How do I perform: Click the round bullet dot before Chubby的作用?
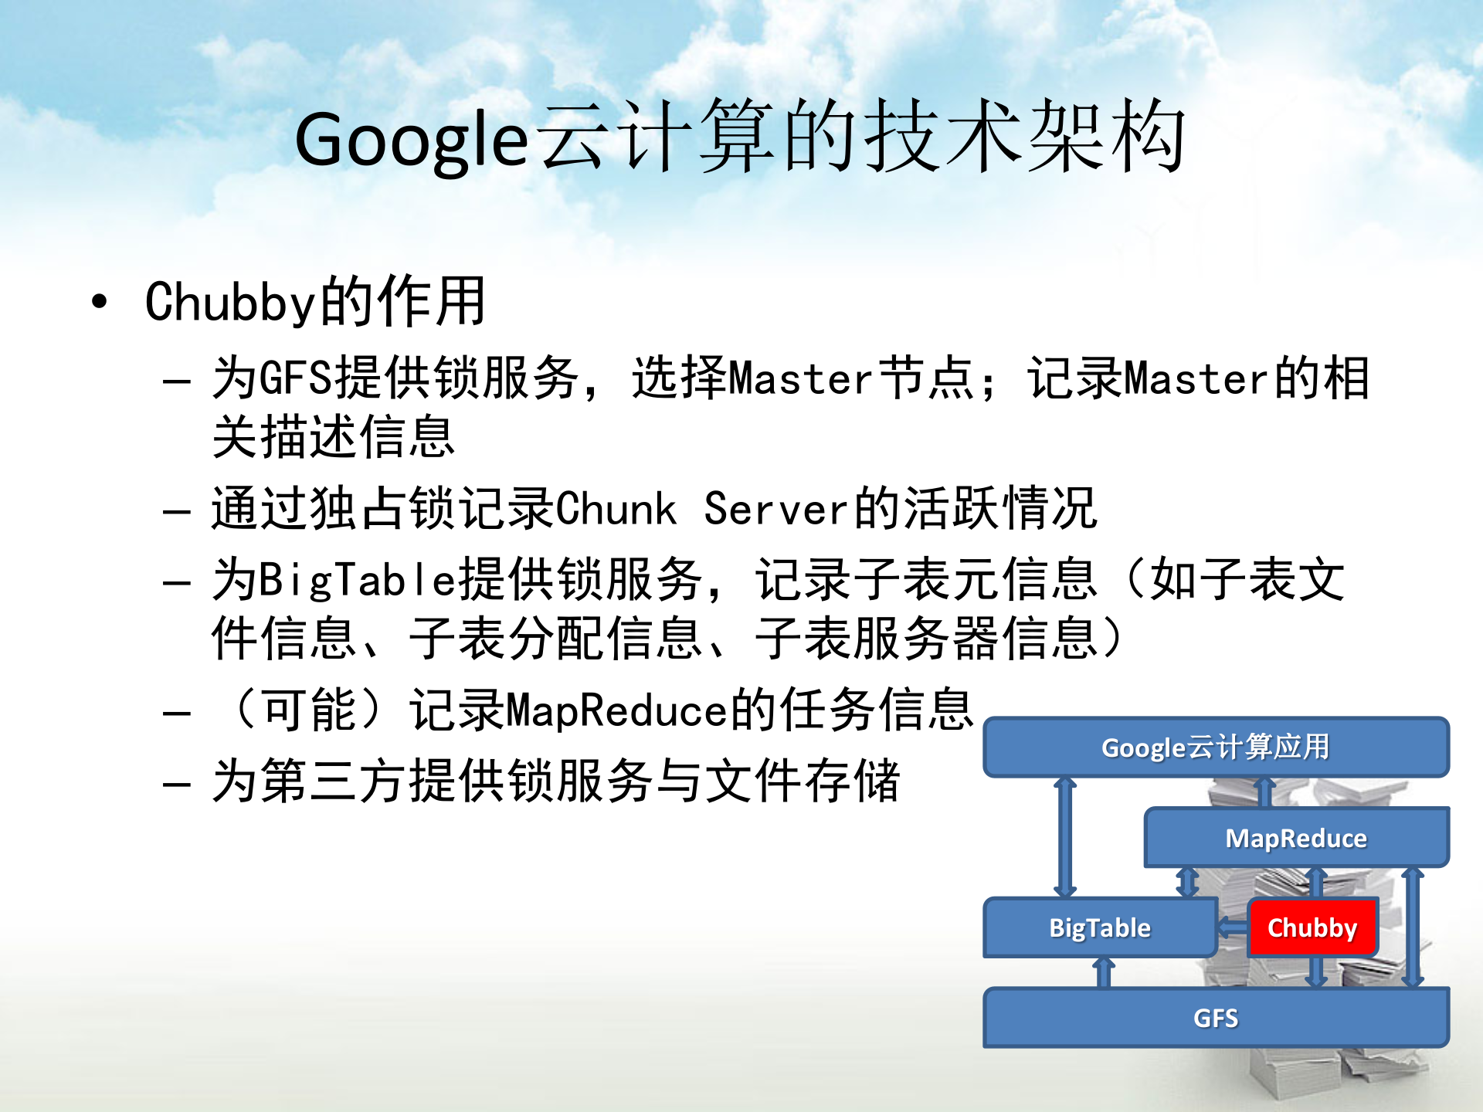(x=99, y=301)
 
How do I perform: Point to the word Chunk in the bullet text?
(x=616, y=510)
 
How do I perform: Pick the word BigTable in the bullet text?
(x=358, y=580)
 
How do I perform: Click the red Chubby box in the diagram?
(x=1312, y=927)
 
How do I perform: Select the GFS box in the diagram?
(x=1216, y=1018)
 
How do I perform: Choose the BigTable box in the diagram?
(x=1099, y=927)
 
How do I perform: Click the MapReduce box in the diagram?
(x=1296, y=838)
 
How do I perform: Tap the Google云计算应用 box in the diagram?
(x=1216, y=747)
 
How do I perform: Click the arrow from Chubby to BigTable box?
(x=1233, y=927)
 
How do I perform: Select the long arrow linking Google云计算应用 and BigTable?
(x=1066, y=837)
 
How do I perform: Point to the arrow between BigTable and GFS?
(x=1105, y=973)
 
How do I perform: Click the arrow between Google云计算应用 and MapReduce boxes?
(x=1265, y=792)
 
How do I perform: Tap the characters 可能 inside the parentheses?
(x=309, y=710)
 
